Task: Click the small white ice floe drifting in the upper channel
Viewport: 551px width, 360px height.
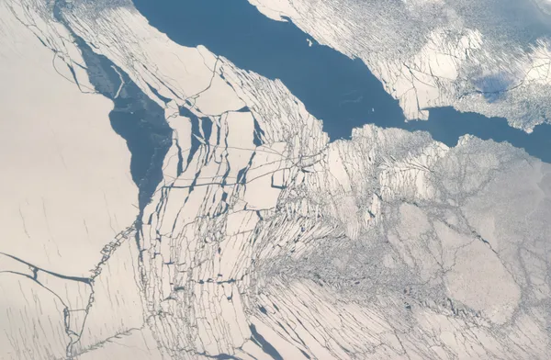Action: tap(309, 40)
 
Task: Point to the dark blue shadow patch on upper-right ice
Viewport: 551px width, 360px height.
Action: tap(496, 87)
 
